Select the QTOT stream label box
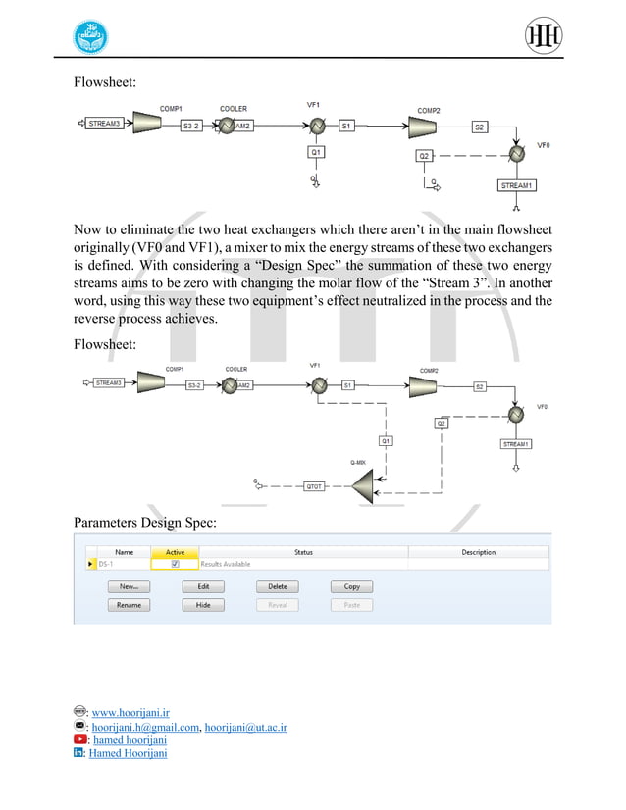click(314, 485)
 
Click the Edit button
click(203, 586)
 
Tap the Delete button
click(278, 586)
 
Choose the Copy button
click(351, 586)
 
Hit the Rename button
click(129, 605)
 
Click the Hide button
click(203, 605)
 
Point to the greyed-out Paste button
click(351, 605)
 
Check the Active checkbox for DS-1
click(175, 564)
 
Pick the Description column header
click(478, 552)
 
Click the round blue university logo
click(92, 39)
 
